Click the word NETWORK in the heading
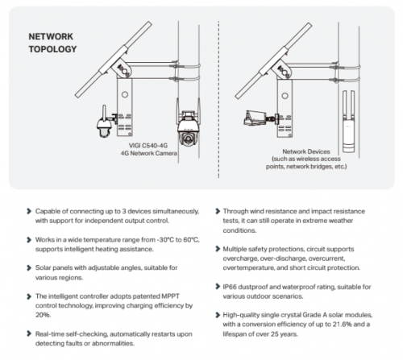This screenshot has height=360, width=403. click(51, 36)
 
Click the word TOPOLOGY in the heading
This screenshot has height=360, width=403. click(52, 49)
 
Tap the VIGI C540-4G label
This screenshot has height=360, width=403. click(148, 146)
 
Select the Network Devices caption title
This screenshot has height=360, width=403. click(306, 151)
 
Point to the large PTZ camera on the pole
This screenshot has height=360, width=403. click(188, 126)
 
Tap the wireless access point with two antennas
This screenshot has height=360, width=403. click(348, 122)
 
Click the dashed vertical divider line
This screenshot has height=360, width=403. click(218, 99)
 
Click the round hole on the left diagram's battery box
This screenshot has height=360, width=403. click(125, 94)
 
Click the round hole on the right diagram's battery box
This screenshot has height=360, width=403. click(285, 96)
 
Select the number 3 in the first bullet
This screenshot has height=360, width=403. click(124, 211)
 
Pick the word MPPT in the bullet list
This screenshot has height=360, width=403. click(170, 296)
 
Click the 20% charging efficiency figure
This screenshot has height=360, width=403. click(43, 315)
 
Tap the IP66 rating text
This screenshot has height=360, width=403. click(230, 287)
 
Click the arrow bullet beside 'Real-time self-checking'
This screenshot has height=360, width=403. click(29, 333)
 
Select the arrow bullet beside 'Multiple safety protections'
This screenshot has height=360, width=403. click(218, 249)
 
